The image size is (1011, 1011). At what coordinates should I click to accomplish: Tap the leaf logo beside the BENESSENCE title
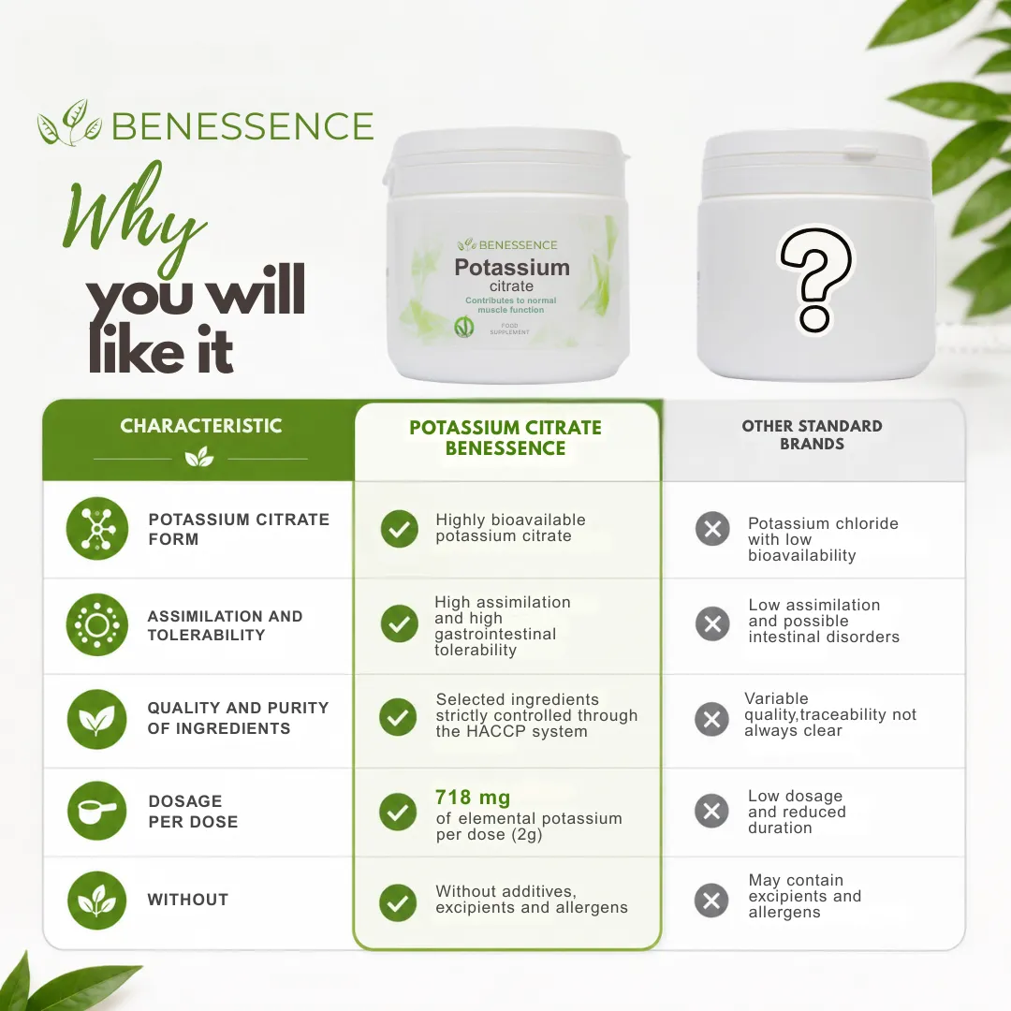(69, 123)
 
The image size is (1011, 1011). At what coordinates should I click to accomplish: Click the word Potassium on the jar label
(512, 267)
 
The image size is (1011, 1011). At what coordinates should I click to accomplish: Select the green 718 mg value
(473, 799)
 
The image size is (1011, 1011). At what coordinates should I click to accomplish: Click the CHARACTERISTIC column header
(201, 426)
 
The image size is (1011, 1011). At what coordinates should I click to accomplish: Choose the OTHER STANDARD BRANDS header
(812, 434)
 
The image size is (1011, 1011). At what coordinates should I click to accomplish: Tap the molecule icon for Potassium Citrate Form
(97, 529)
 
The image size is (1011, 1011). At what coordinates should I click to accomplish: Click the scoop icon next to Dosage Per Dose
(97, 811)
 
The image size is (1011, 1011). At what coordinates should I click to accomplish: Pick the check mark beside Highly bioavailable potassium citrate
(400, 529)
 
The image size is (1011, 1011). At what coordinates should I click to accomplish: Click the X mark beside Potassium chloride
(712, 529)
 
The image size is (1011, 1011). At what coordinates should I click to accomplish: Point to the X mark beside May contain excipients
(711, 901)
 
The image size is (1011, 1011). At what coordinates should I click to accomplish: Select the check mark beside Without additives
(398, 902)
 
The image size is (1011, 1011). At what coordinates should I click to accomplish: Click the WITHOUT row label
(187, 900)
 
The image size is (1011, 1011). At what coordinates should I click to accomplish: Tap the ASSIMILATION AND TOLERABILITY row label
(225, 625)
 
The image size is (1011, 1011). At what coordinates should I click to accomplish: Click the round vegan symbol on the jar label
(463, 327)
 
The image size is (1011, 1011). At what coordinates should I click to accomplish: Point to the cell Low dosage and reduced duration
(797, 812)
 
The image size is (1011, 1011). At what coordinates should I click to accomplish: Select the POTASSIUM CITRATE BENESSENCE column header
(505, 438)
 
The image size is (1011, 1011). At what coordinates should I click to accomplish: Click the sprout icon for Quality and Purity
(96, 719)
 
